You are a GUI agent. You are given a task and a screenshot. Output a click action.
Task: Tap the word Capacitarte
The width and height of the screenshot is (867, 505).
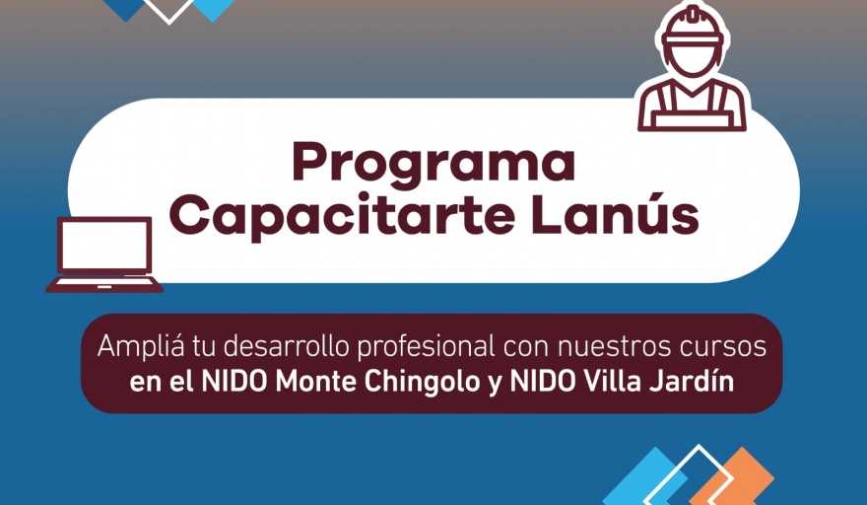[342, 217]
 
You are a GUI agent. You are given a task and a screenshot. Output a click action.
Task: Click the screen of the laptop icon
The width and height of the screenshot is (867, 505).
[105, 246]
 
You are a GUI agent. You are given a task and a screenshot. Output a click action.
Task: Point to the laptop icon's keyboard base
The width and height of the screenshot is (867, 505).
[104, 285]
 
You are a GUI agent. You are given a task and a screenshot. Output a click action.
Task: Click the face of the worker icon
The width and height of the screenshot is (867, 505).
[693, 60]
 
